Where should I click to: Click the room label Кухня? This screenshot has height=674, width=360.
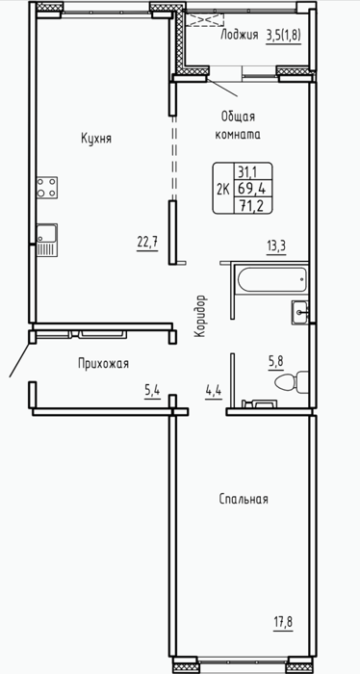[96, 139]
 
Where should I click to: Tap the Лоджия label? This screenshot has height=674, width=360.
[240, 36]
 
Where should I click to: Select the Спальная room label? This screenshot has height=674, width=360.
[244, 499]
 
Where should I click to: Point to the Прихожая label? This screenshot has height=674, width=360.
[104, 364]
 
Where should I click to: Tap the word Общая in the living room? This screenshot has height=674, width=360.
[239, 117]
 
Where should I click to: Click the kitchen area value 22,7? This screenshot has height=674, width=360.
[148, 244]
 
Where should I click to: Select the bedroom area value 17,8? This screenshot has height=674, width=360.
[283, 622]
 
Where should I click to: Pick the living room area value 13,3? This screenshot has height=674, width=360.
[276, 247]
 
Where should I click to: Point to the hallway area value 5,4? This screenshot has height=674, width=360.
[152, 392]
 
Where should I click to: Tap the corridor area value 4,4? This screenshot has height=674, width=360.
[213, 392]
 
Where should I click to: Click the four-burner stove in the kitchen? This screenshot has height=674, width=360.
[47, 188]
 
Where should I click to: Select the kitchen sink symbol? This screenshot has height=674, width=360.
[47, 241]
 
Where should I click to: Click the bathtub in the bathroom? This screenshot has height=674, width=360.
[272, 280]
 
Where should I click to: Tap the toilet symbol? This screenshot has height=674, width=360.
[292, 382]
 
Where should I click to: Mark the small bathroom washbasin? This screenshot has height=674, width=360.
[300, 313]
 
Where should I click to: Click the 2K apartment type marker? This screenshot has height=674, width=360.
[223, 189]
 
